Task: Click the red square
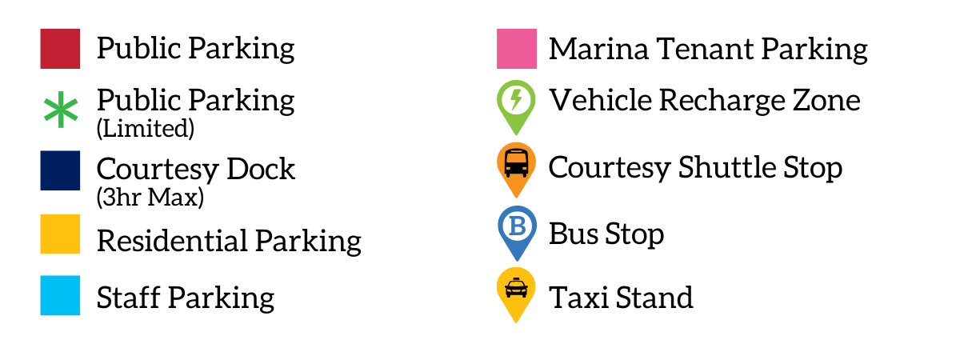[x=60, y=48]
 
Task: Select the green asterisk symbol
[x=61, y=110]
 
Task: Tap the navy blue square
[x=60, y=170]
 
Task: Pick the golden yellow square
[x=60, y=234]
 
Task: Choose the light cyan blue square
[x=60, y=295]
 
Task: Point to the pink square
[x=517, y=48]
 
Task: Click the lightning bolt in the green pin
[x=516, y=99]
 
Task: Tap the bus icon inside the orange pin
[x=516, y=162]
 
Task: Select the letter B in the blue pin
[x=518, y=226]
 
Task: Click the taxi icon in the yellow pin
[x=516, y=287]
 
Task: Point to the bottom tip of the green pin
[x=516, y=134]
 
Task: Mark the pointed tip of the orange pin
[x=516, y=197]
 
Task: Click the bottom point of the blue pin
[x=518, y=260]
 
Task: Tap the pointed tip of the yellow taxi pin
[x=516, y=322]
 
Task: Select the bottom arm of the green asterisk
[x=61, y=123]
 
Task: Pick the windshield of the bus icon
[x=516, y=158]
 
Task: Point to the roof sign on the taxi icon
[x=516, y=278]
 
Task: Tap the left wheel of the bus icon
[x=508, y=174]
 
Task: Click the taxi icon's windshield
[x=516, y=284]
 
